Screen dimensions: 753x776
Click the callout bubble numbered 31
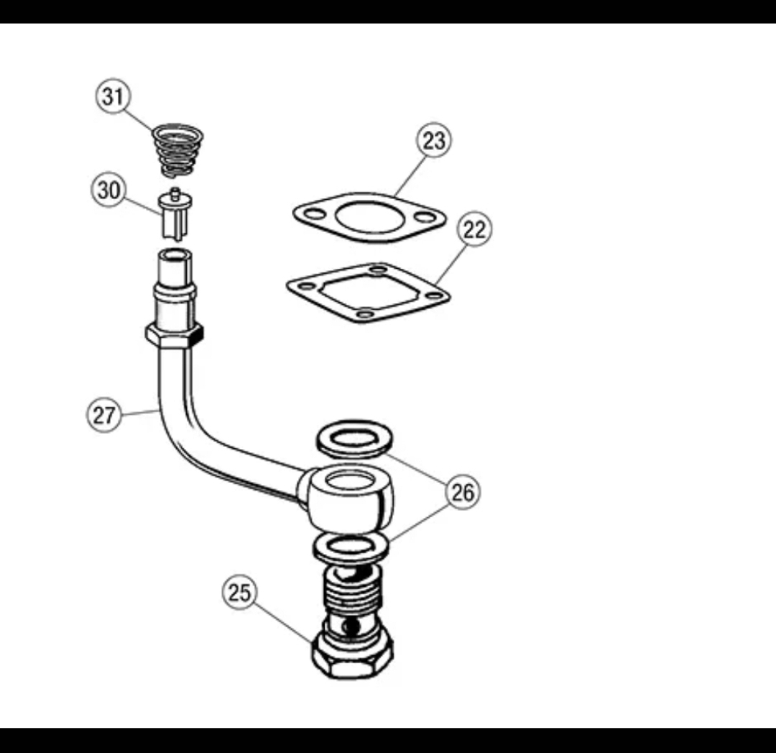(x=113, y=96)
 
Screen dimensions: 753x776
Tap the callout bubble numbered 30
(x=108, y=190)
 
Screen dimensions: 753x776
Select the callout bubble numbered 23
(x=434, y=141)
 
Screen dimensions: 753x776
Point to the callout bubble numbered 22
(x=474, y=230)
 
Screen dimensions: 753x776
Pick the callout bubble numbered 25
(x=240, y=593)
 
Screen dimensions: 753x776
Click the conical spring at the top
(x=177, y=149)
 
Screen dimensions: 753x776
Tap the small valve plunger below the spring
(x=175, y=214)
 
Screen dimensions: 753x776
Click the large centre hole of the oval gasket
(x=370, y=216)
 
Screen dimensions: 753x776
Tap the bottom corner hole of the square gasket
(x=365, y=313)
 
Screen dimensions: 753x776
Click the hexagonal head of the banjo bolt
(x=353, y=655)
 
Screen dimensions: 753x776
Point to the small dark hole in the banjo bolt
(x=351, y=627)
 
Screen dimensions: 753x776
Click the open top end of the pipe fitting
(x=175, y=256)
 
